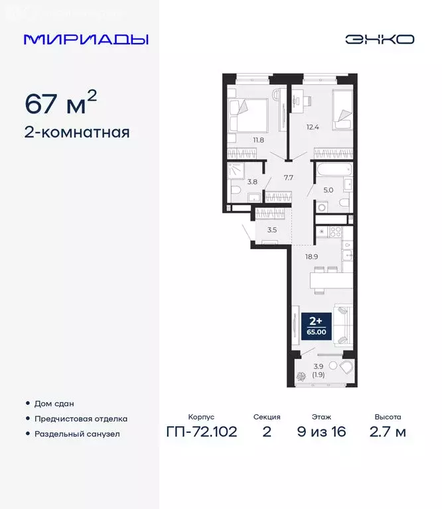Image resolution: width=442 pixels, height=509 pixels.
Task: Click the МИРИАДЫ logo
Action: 86,39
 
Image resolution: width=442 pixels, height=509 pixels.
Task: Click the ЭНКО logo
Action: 379,39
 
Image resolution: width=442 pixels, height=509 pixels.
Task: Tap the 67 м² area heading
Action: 61,104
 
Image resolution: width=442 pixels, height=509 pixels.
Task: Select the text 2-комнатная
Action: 77,132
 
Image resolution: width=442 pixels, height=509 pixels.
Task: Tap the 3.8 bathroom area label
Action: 252,180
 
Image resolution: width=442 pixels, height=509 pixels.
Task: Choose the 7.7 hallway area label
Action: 288,178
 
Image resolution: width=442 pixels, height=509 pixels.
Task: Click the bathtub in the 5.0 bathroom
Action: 332,170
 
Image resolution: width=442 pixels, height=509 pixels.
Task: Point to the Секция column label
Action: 267,417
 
